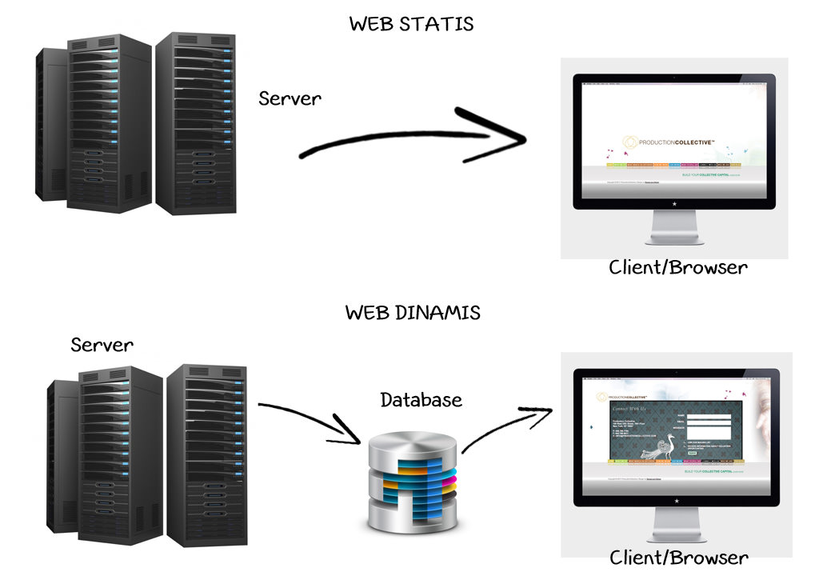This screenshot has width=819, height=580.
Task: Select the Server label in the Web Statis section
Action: coord(290,98)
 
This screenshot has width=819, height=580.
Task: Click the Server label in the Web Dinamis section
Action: coord(102,345)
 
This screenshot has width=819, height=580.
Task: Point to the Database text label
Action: coord(421,399)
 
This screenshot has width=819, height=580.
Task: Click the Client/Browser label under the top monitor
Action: coord(677,267)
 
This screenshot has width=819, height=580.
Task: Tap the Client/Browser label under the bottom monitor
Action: coord(678,557)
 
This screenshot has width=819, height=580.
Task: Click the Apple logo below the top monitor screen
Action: coord(673,203)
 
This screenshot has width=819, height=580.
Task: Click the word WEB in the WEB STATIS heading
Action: coord(370,24)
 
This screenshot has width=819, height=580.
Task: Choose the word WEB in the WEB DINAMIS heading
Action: coord(366,312)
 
